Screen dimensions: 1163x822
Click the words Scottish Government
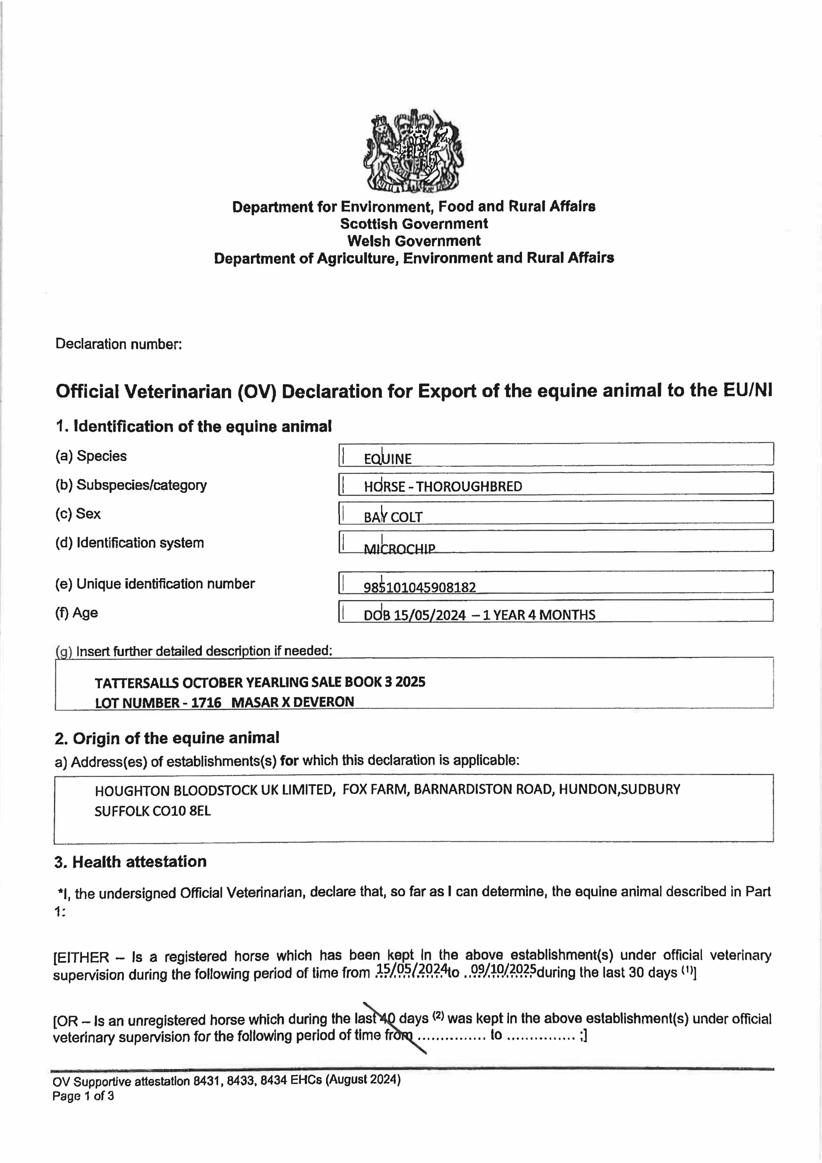(414, 224)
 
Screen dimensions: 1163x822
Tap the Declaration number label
(119, 344)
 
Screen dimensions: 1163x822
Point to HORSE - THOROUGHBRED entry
(443, 487)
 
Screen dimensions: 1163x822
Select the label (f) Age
(77, 613)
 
